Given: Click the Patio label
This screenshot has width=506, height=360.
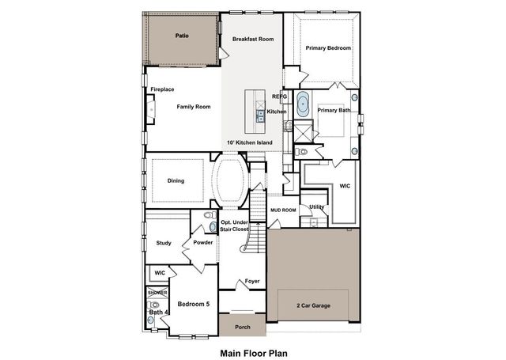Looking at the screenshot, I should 182,36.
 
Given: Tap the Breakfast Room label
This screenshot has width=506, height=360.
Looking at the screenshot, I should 252,39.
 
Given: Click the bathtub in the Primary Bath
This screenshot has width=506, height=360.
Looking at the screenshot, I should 304,106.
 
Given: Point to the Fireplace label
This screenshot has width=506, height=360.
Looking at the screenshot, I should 162,89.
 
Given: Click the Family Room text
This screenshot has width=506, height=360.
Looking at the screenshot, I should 193,106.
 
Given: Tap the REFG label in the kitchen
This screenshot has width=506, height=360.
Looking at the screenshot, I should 279,97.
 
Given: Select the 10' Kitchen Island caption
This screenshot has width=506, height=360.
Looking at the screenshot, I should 249,142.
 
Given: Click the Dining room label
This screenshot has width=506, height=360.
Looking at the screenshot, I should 176,180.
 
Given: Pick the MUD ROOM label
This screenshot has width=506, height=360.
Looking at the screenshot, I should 282,210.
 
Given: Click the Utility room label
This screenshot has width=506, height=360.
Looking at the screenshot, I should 316,207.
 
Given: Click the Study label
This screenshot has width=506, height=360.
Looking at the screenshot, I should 164,243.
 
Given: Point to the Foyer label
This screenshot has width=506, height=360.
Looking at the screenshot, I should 251,281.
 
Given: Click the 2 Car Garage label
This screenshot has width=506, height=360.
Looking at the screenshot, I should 314,305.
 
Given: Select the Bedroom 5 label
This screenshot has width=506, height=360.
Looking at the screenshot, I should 193,304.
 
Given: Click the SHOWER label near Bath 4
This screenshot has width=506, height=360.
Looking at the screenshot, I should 157,293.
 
